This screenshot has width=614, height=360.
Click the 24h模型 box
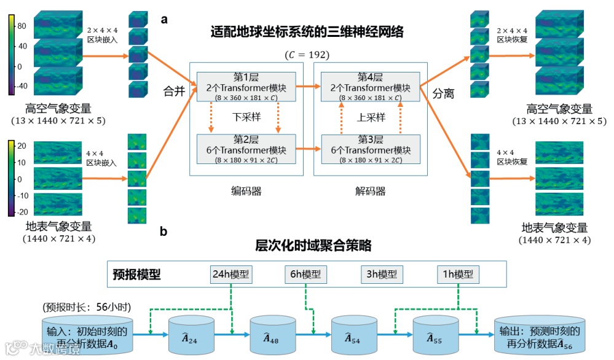(231, 275)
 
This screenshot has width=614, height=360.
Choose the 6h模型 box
(306, 275)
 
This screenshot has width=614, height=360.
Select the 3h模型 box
(382, 275)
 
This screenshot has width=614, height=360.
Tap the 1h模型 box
(457, 275)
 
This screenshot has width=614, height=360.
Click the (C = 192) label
(308, 55)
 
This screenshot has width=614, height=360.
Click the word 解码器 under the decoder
(371, 191)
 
